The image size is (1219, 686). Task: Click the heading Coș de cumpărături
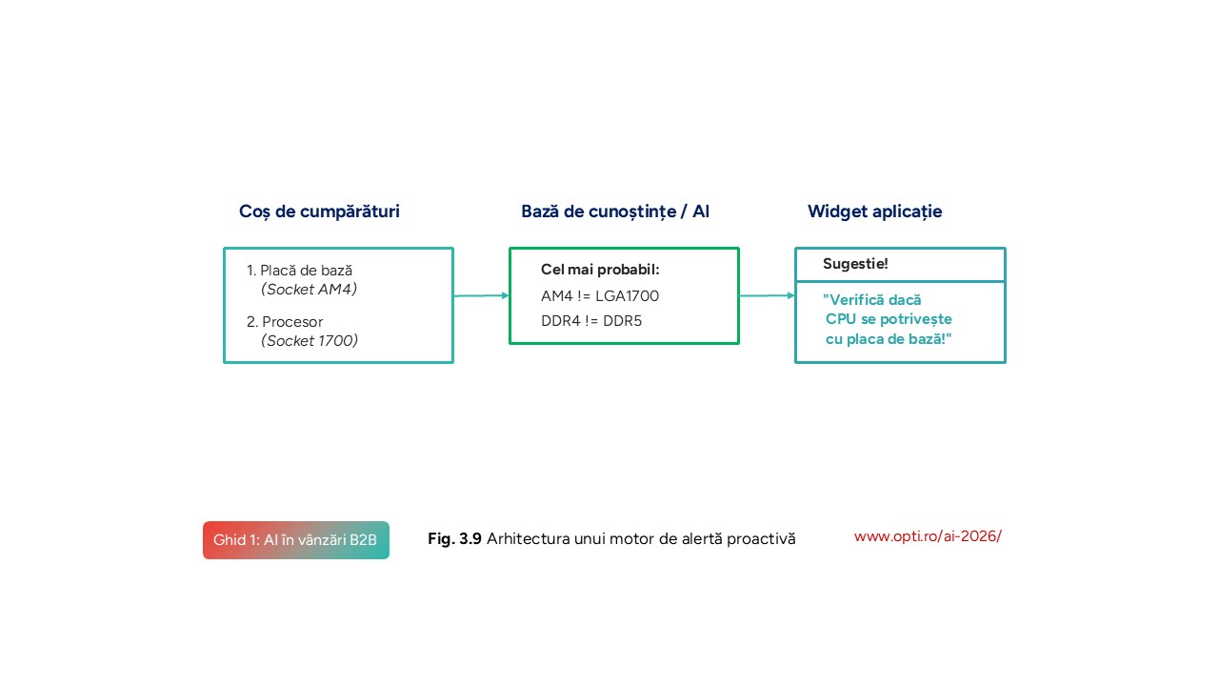click(x=319, y=212)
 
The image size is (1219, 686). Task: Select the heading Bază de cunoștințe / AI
click(x=614, y=212)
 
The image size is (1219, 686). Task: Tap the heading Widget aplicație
click(x=874, y=212)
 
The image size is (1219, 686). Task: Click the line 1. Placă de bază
click(x=299, y=271)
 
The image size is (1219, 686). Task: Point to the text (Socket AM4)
click(x=309, y=290)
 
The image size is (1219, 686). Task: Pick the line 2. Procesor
click(x=285, y=322)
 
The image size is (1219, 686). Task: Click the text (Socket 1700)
click(x=310, y=341)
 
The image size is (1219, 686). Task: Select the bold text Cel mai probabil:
click(x=600, y=270)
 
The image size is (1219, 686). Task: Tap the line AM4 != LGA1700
click(x=600, y=296)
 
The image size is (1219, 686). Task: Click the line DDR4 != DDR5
click(x=591, y=321)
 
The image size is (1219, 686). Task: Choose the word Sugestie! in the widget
click(x=855, y=264)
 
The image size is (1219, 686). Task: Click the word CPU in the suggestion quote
click(x=841, y=319)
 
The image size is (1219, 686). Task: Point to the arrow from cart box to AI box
click(x=481, y=295)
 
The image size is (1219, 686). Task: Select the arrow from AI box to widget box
click(x=767, y=295)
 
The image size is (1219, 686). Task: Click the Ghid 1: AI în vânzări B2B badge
click(x=296, y=540)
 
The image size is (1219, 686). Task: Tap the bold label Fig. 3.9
click(x=454, y=539)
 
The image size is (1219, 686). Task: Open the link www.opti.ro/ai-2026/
click(x=928, y=536)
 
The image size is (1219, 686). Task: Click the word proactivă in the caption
click(x=761, y=539)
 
